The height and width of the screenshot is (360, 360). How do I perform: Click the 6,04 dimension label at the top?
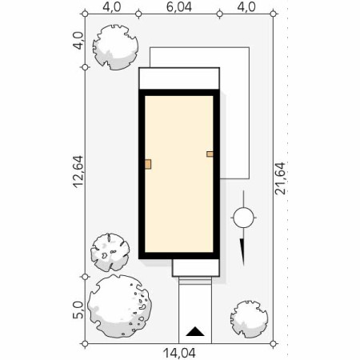coord(179,7)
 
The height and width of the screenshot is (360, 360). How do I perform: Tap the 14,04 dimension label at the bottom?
coord(179,353)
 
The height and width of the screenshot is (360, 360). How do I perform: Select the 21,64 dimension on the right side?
coord(280,178)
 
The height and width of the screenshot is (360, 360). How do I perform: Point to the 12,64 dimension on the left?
coord(78,172)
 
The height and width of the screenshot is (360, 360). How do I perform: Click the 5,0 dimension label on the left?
coord(78,310)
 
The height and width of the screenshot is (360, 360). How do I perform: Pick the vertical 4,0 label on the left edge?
coord(78,41)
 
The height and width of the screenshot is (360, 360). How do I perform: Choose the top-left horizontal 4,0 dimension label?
coord(112,7)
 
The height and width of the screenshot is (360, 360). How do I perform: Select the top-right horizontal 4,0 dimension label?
coord(246,7)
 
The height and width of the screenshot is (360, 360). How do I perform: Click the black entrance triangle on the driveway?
coord(195,331)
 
